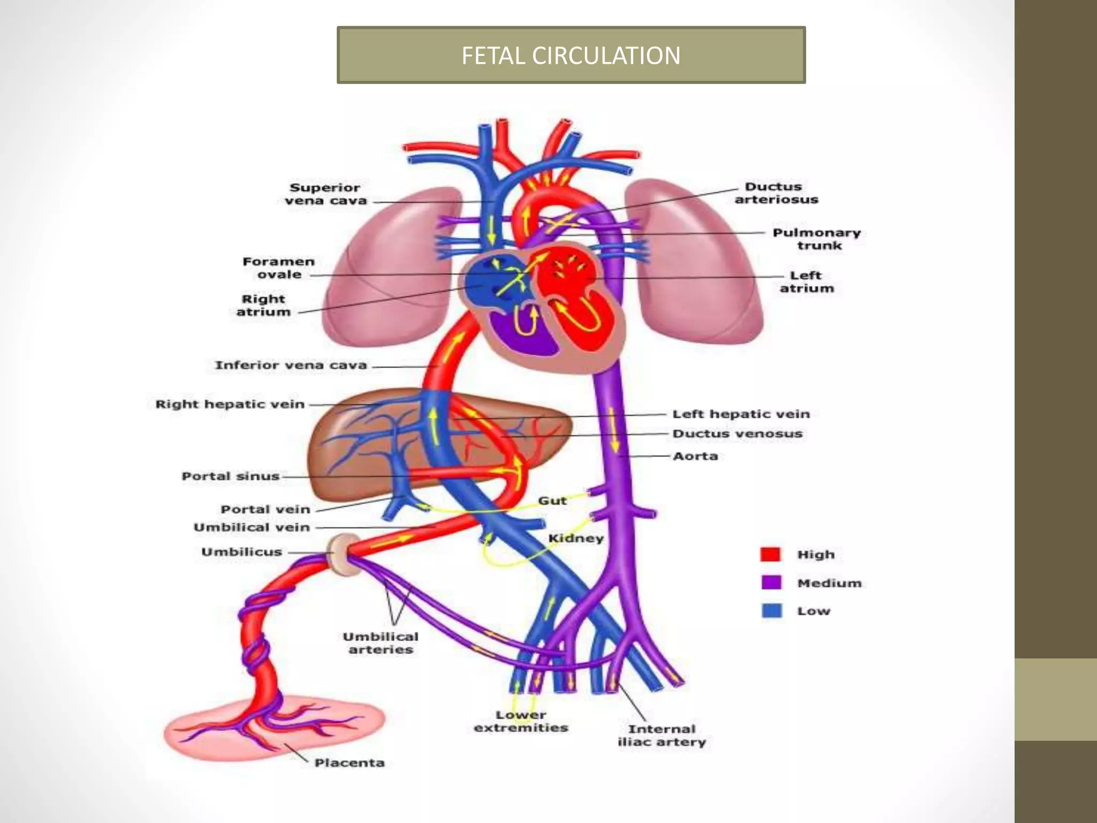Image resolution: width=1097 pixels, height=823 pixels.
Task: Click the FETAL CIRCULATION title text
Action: [571, 55]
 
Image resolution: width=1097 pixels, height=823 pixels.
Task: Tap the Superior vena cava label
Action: [325, 194]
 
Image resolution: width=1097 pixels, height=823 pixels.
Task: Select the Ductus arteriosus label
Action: [776, 193]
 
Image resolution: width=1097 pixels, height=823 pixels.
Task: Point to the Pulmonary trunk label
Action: [816, 239]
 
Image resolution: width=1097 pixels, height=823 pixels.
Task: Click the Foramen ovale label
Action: [279, 268]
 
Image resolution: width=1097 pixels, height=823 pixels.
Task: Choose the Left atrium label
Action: [807, 282]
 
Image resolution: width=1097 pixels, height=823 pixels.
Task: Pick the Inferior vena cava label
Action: [291, 365]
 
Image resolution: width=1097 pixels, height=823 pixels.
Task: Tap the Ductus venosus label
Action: [737, 433]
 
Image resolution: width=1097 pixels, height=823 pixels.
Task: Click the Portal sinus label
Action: [230, 476]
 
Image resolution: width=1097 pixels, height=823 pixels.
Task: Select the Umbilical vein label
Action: [252, 527]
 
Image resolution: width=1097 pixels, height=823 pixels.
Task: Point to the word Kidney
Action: [576, 538]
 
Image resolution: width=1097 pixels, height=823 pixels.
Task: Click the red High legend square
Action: [771, 554]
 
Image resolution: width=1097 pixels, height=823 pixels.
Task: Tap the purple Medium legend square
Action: [771, 582]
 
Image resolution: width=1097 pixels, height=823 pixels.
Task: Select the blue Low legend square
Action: [771, 610]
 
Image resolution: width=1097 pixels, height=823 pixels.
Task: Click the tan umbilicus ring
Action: [339, 552]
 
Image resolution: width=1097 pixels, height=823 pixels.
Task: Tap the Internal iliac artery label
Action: [662, 736]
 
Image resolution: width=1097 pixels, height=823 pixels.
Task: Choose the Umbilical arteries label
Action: [380, 643]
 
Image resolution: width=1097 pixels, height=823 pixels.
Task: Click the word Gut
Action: [552, 500]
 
